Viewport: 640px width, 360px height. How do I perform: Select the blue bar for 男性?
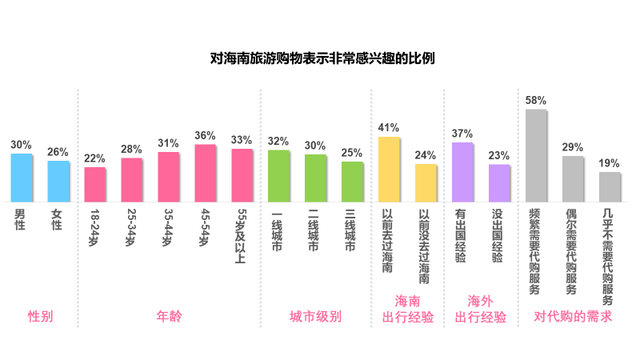click(22, 178)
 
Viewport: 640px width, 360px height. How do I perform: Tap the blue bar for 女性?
click(58, 182)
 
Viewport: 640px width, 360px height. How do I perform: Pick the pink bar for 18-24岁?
click(95, 185)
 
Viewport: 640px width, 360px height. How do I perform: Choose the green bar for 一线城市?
click(278, 176)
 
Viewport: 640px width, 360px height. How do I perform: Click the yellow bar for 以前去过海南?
click(389, 170)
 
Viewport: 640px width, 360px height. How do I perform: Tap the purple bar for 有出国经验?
click(462, 172)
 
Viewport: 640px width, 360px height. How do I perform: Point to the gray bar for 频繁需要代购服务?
click(536, 156)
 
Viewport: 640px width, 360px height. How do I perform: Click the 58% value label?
click(536, 101)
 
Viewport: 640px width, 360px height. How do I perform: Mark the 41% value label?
click(389, 128)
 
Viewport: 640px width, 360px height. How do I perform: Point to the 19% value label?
click(610, 163)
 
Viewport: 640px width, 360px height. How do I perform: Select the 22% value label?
click(95, 158)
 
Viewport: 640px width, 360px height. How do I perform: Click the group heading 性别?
click(40, 317)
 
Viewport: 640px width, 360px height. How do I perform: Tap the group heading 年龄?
click(169, 317)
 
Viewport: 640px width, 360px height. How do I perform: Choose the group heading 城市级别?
click(315, 317)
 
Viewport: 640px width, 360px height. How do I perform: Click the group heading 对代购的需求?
click(573, 317)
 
